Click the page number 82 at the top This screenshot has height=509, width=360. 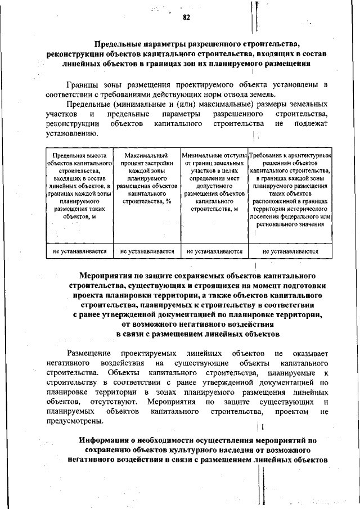[186, 17]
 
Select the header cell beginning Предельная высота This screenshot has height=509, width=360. [79, 185]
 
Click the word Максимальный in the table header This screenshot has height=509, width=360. [147, 155]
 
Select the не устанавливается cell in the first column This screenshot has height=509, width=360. [79, 251]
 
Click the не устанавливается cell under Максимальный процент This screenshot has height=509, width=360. [147, 251]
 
